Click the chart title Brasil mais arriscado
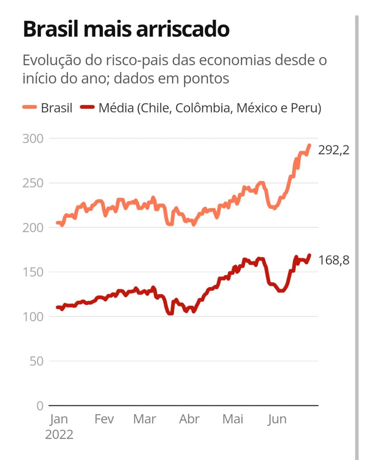[126, 29]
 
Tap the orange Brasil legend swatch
[29, 107]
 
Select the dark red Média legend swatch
[87, 107]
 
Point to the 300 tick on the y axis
[33, 139]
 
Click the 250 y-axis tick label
[33, 183]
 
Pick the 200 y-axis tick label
[33, 227]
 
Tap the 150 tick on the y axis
[33, 272]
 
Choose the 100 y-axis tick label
[33, 317]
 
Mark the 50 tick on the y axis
[36, 361]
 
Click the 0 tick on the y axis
[40, 406]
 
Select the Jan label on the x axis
[59, 419]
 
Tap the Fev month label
[104, 419]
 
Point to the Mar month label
[144, 419]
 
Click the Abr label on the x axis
[189, 419]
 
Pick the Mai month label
[233, 419]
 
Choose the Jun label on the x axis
[277, 419]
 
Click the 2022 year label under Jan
[59, 434]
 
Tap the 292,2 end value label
[334, 150]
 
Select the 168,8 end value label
[334, 260]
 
